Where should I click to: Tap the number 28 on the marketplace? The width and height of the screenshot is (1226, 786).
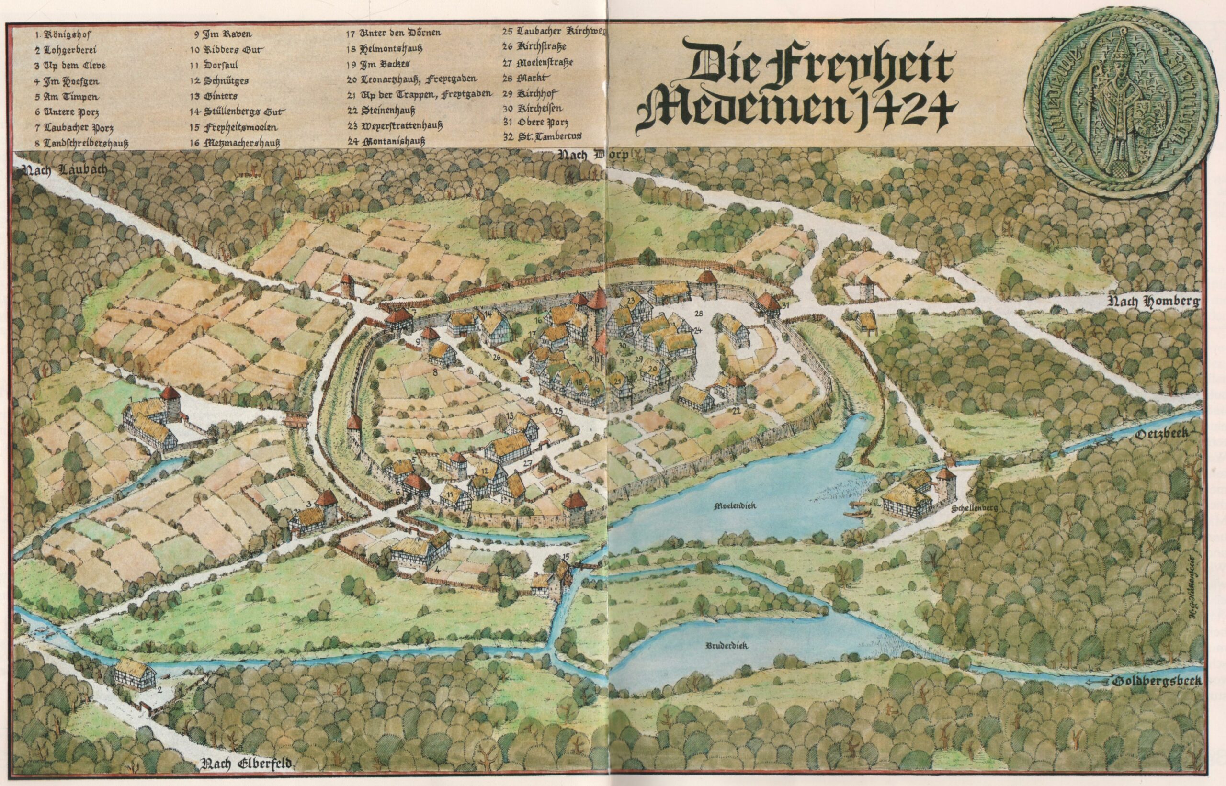coord(699,312)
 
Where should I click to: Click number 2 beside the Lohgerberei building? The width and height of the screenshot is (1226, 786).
coord(160,692)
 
